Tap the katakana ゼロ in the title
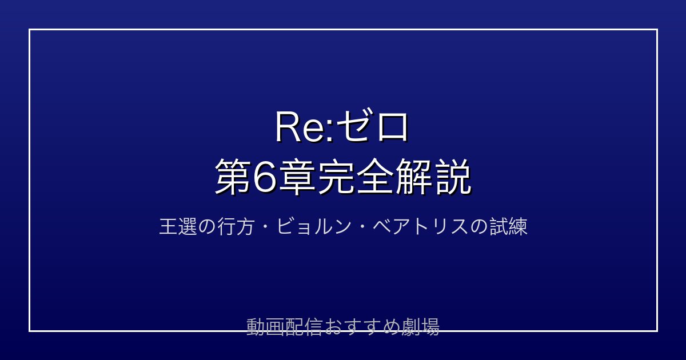coord(372,126)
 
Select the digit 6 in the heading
coord(265,177)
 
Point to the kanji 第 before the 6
coord(233,177)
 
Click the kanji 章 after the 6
coord(297,177)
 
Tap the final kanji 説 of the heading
coord(453,177)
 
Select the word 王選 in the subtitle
coord(178,226)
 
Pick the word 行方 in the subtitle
coord(236,226)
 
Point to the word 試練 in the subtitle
coord(509,226)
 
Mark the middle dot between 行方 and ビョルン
coord(265,227)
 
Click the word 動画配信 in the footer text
coord(284,327)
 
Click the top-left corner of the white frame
coord(29,30)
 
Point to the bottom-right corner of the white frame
coord(657,331)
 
